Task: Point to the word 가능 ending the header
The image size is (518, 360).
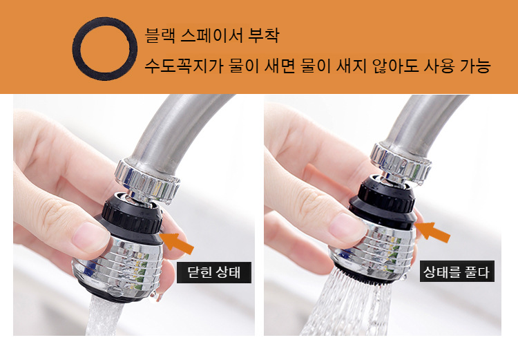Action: pyautogui.click(x=474, y=67)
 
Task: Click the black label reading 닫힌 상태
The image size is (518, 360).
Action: pyautogui.click(x=213, y=272)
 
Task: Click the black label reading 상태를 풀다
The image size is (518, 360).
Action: pyautogui.click(x=457, y=272)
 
